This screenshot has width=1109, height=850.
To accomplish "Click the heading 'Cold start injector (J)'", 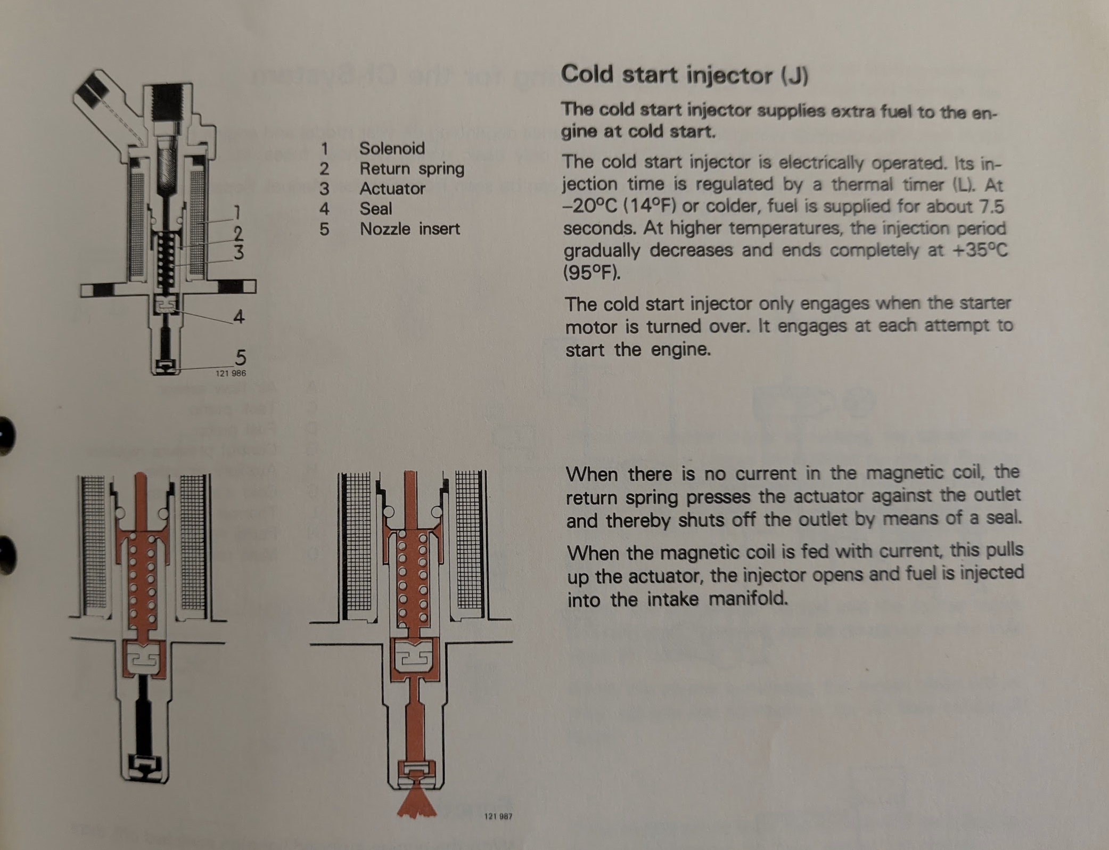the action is pyautogui.click(x=685, y=75).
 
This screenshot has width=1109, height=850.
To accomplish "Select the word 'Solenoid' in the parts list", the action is pyautogui.click(x=392, y=148).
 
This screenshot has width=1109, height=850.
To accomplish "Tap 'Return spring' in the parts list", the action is pyautogui.click(x=412, y=169).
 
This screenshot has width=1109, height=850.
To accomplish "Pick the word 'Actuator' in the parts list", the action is pyautogui.click(x=392, y=189).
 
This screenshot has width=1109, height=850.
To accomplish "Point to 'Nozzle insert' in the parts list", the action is pyautogui.click(x=409, y=229).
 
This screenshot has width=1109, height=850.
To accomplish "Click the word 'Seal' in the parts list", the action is pyautogui.click(x=375, y=209).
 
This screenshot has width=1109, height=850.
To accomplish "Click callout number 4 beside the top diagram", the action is pyautogui.click(x=239, y=317).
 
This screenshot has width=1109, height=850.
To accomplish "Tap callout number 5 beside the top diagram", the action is pyautogui.click(x=241, y=357).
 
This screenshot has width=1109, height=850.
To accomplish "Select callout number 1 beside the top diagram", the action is pyautogui.click(x=237, y=213).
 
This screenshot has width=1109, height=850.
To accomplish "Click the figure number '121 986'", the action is pyautogui.click(x=231, y=373).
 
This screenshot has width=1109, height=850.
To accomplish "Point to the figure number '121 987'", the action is pyautogui.click(x=498, y=816).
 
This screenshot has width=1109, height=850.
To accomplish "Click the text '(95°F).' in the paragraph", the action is pyautogui.click(x=592, y=273).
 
